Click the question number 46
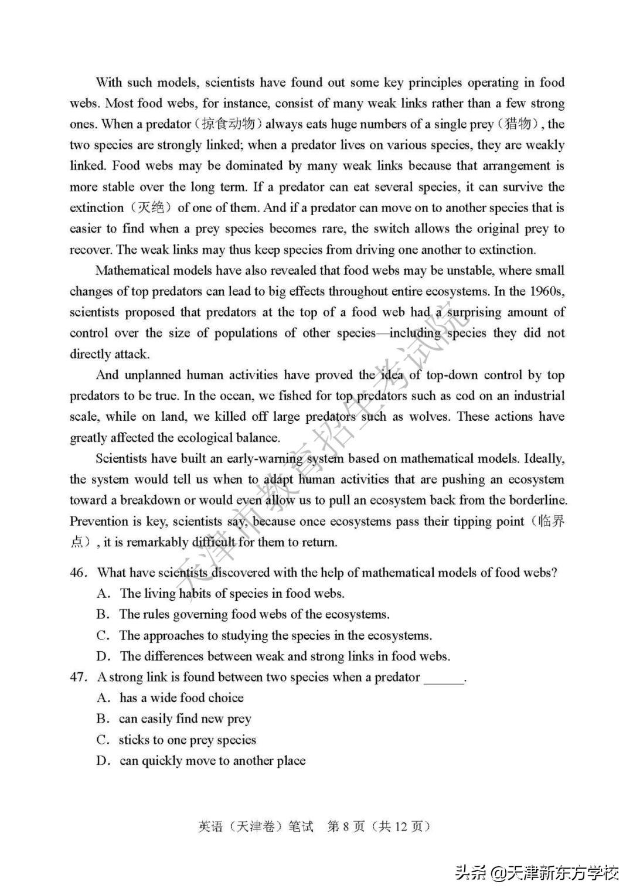78,573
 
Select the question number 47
78,677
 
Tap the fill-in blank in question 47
444,678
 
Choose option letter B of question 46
103,614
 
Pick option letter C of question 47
103,740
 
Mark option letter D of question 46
104,656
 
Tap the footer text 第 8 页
346,826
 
